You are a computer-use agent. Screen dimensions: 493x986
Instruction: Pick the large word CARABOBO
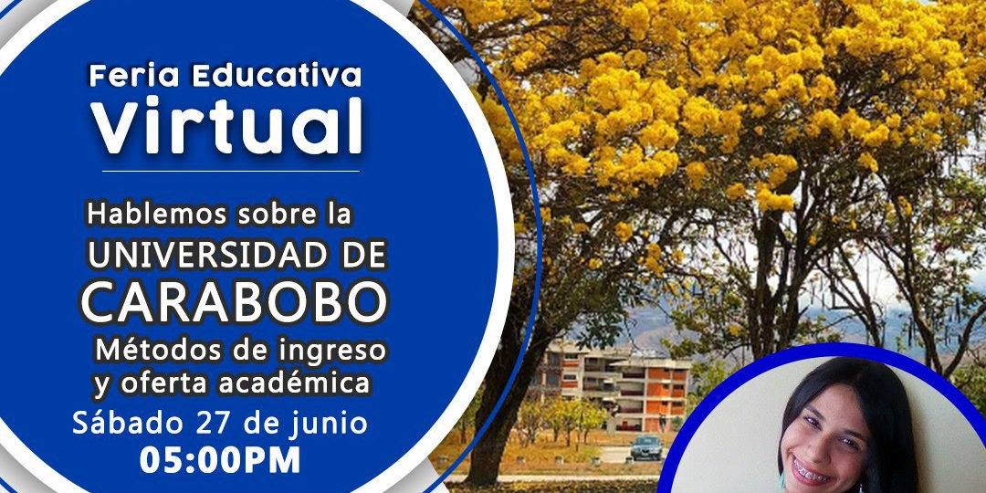(x=234, y=302)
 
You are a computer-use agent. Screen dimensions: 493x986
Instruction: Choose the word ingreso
(x=330, y=351)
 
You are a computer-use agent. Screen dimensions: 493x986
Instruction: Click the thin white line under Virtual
(x=230, y=170)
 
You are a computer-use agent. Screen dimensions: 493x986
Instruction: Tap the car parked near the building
(x=645, y=447)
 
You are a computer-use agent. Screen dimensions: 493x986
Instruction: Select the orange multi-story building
(x=612, y=384)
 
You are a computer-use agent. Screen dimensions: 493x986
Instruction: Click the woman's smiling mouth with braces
(x=810, y=474)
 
